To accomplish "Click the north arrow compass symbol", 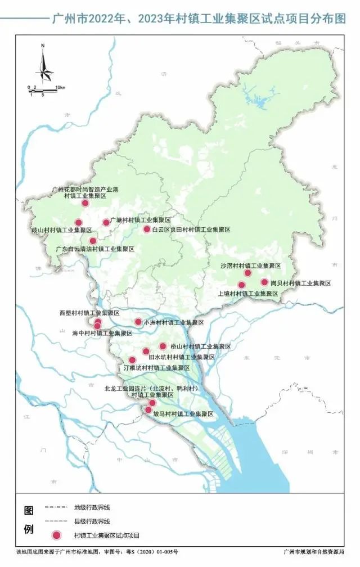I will click(x=44, y=65).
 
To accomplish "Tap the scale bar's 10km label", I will click(x=60, y=88).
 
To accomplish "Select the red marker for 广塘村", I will click(x=106, y=222).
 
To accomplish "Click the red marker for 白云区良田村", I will click(x=147, y=229).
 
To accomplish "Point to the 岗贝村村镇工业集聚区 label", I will click(x=300, y=283).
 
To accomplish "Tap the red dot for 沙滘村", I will click(x=247, y=273).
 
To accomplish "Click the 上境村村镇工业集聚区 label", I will click(x=248, y=294).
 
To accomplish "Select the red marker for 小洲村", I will click(x=138, y=322).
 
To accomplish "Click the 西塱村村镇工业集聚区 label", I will click(x=89, y=313).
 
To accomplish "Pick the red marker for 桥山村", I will click(x=163, y=346).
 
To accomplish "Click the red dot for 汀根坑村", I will click(x=132, y=360).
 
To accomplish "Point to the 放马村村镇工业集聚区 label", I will click(x=183, y=414).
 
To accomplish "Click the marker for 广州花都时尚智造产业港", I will click(x=85, y=203).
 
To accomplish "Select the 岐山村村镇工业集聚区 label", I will click(x=61, y=231).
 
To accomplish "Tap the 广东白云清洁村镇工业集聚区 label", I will click(x=94, y=249).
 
